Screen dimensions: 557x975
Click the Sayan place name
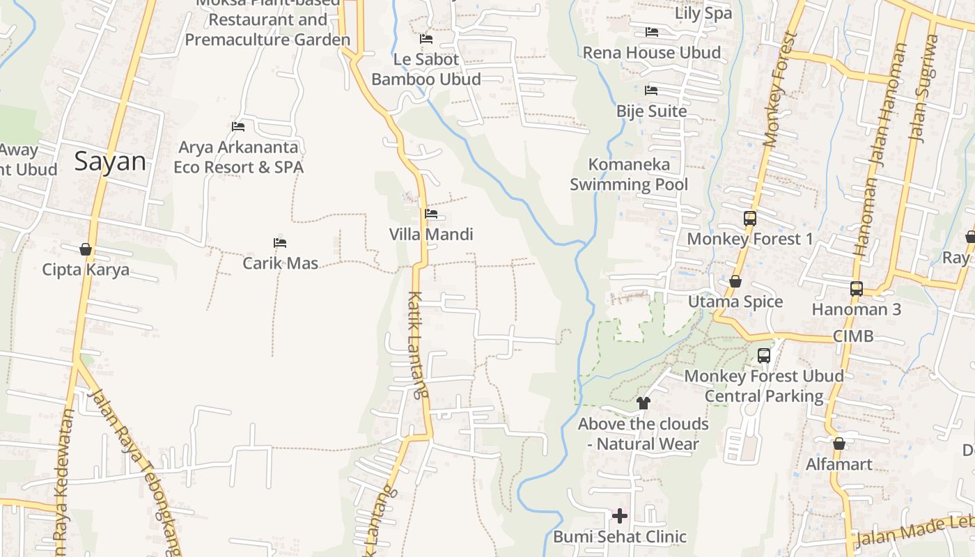click(x=111, y=162)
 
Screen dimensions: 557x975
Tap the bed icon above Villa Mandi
click(x=431, y=214)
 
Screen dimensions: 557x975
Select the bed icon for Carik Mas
click(x=280, y=243)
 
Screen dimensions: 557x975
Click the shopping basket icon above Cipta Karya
click(x=86, y=249)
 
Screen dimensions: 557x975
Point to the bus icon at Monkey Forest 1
click(x=749, y=218)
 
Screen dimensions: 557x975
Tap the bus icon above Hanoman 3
click(x=856, y=288)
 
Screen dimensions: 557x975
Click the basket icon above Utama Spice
click(x=735, y=281)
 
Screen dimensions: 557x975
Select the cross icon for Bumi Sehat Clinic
click(x=619, y=516)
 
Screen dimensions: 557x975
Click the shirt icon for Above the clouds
click(x=643, y=403)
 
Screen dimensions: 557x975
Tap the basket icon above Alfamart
click(x=838, y=444)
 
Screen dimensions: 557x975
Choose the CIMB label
click(x=852, y=336)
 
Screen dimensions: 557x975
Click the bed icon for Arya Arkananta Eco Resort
click(x=238, y=127)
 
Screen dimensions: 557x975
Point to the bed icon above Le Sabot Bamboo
click(x=426, y=39)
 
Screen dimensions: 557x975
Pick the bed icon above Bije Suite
click(x=651, y=91)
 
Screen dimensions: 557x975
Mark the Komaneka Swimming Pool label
click(x=629, y=174)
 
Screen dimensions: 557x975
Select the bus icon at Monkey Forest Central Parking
click(x=763, y=355)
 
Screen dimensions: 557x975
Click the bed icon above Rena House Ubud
click(x=651, y=32)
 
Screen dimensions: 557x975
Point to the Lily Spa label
click(x=703, y=13)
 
